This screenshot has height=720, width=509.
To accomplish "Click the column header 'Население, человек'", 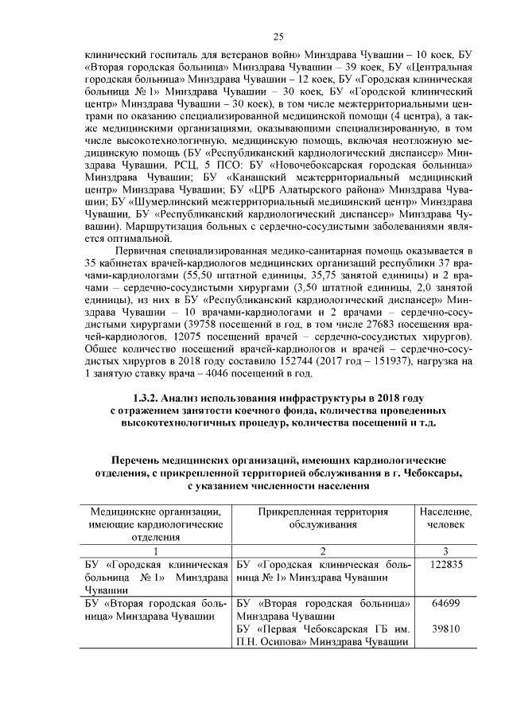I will tap(445, 519).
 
